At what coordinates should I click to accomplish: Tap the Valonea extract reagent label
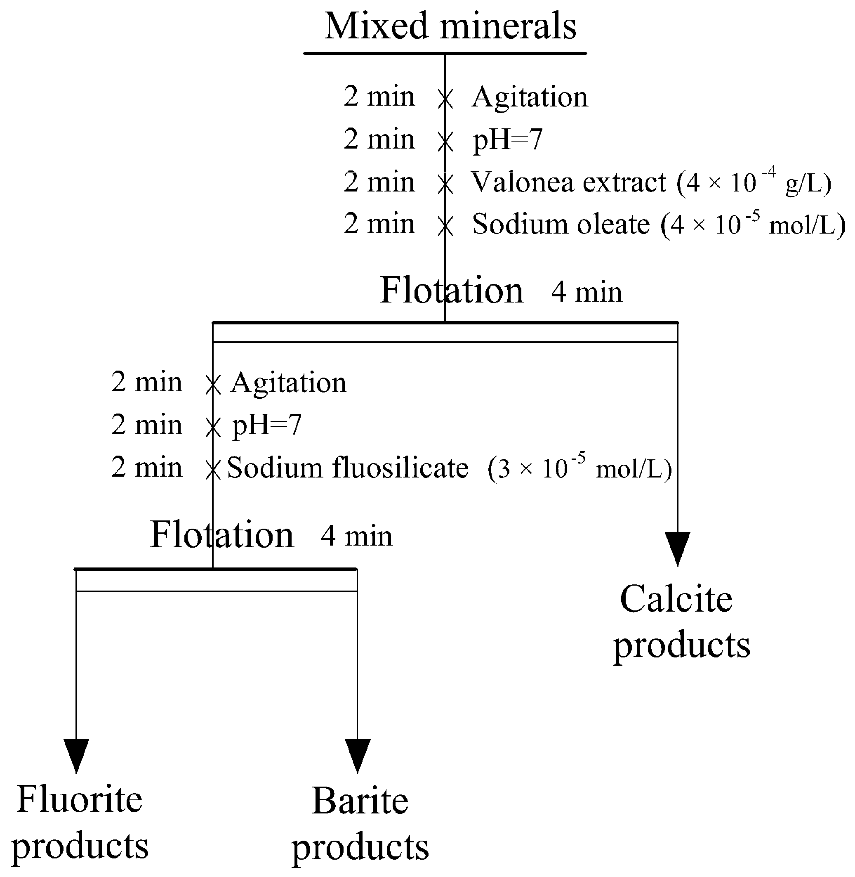tap(568, 182)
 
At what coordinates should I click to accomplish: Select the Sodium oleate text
tap(561, 224)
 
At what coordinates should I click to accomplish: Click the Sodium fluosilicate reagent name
tap(348, 468)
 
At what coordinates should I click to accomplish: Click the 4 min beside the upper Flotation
tap(586, 293)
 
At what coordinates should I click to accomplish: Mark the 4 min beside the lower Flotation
tap(356, 537)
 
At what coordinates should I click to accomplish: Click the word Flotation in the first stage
tap(452, 291)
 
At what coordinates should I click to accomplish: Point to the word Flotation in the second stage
tap(221, 535)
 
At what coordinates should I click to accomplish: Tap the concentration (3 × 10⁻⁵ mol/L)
tap(580, 468)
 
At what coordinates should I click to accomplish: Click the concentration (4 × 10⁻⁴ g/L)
tap(754, 182)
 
